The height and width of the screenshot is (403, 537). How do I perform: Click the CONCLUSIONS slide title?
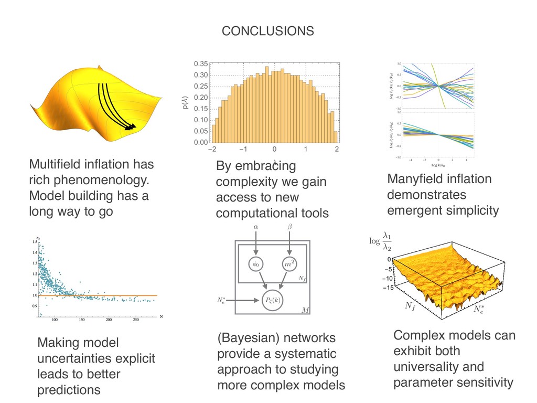point(268,31)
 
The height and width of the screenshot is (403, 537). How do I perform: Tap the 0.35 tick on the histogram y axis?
point(200,64)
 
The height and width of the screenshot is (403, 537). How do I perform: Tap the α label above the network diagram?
point(256,227)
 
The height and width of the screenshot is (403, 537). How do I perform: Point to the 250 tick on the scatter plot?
point(135,319)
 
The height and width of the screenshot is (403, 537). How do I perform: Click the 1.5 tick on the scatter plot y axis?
point(35,242)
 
